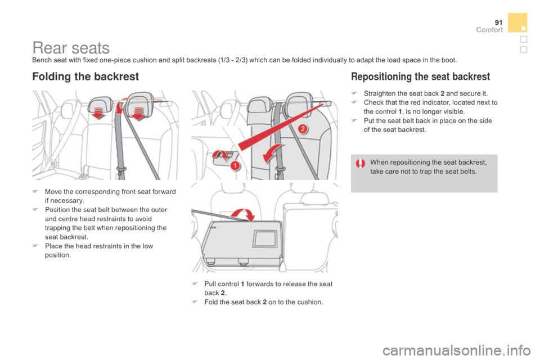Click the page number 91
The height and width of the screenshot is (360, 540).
coord(499,22)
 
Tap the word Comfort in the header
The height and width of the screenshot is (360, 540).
coord(489,30)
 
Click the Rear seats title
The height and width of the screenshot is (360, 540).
coord(71,48)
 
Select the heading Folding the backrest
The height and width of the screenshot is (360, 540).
coord(85,76)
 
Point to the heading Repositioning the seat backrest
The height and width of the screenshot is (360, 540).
coord(421,76)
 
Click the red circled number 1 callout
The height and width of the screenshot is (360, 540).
coord(235,166)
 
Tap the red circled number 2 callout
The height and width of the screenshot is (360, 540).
coord(302,129)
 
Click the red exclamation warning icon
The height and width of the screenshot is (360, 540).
coord(361,163)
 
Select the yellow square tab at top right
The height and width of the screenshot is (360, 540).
coord(517,22)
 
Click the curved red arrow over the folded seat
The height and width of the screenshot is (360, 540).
coord(243,211)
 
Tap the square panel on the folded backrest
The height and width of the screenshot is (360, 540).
coord(265,238)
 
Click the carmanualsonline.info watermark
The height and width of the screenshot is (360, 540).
coord(456,350)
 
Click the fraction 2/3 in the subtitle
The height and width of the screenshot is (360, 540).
coord(241,60)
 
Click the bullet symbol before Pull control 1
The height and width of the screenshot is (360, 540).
coord(195,284)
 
